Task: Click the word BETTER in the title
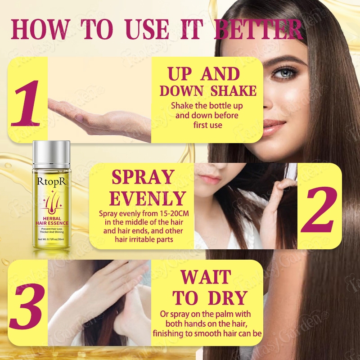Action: tap(258, 30)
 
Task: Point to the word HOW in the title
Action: tap(40, 30)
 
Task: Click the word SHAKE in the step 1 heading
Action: tap(234, 91)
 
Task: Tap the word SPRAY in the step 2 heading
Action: tap(143, 177)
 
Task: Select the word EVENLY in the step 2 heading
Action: tap(148, 198)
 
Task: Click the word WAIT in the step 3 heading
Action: tap(206, 277)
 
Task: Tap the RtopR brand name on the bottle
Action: tap(51, 181)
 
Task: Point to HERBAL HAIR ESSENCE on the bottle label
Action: tap(52, 220)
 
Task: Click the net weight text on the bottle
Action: tap(51, 239)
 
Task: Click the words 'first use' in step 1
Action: tap(207, 125)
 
